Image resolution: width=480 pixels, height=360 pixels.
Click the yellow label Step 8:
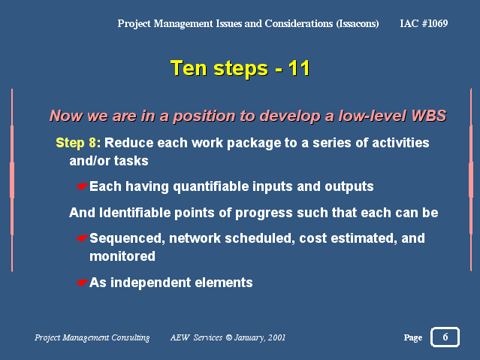click(x=78, y=143)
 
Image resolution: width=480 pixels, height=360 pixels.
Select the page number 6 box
click(x=445, y=337)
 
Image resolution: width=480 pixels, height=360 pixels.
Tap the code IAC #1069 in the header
click(x=424, y=23)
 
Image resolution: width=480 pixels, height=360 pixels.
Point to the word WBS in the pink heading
click(x=429, y=116)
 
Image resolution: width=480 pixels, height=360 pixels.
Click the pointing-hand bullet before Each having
click(x=82, y=186)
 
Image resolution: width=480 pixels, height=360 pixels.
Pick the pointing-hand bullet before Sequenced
click(x=82, y=237)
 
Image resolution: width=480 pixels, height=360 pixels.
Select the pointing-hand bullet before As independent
click(x=82, y=282)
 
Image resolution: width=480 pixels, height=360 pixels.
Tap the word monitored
click(x=122, y=256)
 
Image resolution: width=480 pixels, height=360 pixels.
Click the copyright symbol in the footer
click(x=228, y=337)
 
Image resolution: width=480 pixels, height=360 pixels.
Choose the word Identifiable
click(x=134, y=213)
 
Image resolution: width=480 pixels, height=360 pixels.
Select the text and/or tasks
click(x=109, y=161)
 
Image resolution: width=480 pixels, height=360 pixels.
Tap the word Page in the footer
click(x=413, y=337)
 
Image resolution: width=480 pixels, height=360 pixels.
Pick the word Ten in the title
click(x=189, y=68)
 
